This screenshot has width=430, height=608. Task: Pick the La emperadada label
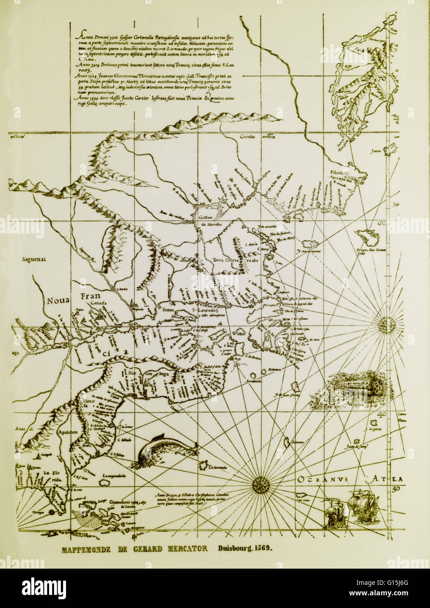(x=115, y=475)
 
